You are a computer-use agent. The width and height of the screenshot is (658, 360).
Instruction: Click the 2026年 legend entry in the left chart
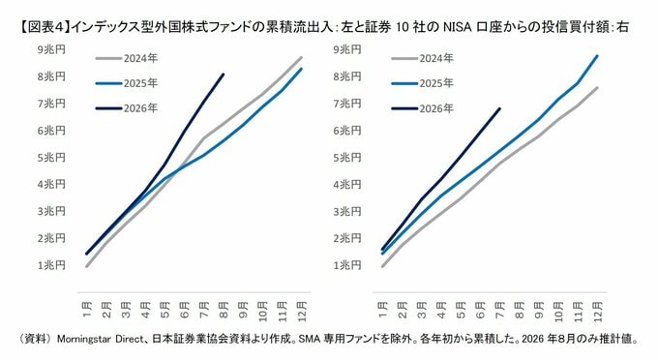[x=127, y=108]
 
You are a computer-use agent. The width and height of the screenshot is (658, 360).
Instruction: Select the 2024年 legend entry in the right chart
[x=423, y=58]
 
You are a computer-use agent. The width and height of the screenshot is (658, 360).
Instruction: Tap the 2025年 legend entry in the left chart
[x=127, y=83]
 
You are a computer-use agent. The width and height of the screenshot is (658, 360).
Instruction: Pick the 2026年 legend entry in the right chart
[x=423, y=108]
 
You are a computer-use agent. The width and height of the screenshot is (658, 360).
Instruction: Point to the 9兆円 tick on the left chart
[x=51, y=49]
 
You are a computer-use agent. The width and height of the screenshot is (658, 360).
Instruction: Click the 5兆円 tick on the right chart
[x=347, y=158]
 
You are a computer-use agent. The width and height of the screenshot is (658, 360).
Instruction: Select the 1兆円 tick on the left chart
[x=51, y=265]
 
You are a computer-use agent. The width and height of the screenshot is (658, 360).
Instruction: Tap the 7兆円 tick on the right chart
[x=347, y=104]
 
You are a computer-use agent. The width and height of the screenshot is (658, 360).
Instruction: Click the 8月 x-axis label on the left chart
[x=224, y=310]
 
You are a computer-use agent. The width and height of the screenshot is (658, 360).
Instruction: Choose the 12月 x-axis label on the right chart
[x=598, y=312]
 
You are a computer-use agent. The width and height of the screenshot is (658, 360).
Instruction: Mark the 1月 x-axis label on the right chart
[x=382, y=310]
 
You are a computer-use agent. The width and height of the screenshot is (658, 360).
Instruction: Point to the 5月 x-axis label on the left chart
[x=164, y=310]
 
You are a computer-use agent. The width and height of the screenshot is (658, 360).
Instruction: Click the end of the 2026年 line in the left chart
[x=224, y=75]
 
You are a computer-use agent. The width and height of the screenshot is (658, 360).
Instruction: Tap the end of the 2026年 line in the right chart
[x=499, y=108]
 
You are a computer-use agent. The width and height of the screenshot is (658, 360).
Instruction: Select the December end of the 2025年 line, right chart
[x=597, y=55]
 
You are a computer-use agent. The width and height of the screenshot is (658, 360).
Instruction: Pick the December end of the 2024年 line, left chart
[x=301, y=57]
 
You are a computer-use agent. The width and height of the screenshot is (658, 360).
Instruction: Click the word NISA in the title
[x=456, y=28]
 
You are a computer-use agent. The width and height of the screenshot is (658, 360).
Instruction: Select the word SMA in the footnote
[x=310, y=339]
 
